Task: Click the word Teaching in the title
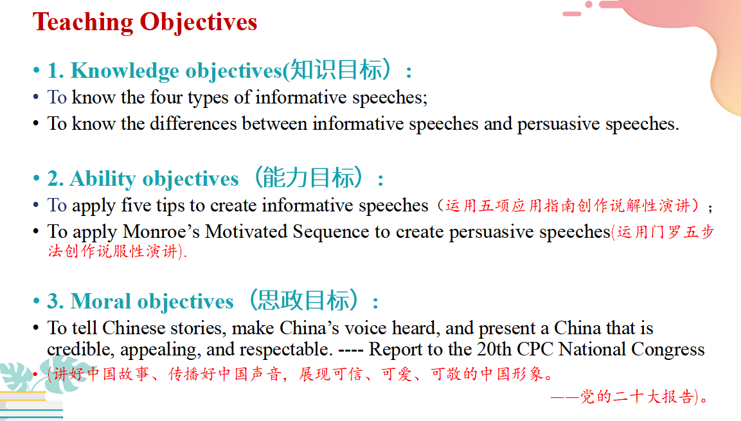click(83, 23)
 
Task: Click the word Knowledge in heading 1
click(125, 71)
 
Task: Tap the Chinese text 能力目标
click(308, 177)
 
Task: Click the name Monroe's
click(161, 231)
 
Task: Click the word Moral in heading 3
click(101, 301)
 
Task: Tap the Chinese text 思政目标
click(303, 300)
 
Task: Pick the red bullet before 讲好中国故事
click(35, 374)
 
